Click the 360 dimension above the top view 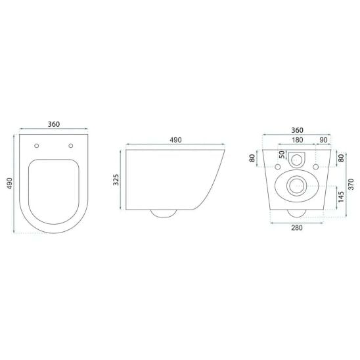coord(54,124)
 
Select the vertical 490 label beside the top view coord(10,183)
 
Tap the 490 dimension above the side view coord(175,140)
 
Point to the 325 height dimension coord(116,180)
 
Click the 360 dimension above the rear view coord(298,130)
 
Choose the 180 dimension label coord(298,140)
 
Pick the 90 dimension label coord(323,140)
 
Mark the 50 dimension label coord(282,154)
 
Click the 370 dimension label coord(351,184)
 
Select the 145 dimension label coord(341,197)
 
